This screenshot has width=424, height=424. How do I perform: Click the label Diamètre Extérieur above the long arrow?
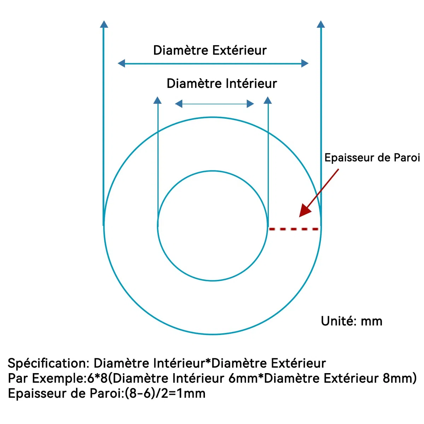pyautogui.click(x=210, y=51)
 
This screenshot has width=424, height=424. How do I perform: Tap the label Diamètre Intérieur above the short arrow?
pyautogui.click(x=222, y=84)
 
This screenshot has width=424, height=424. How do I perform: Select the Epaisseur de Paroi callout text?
pyautogui.click(x=372, y=158)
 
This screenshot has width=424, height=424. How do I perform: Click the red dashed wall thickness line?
pyautogui.click(x=294, y=229)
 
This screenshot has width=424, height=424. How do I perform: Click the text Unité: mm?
pyautogui.click(x=352, y=321)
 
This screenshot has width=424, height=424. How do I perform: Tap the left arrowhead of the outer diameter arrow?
pyautogui.click(x=122, y=63)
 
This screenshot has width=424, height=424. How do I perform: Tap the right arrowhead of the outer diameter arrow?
pyautogui.click(x=305, y=63)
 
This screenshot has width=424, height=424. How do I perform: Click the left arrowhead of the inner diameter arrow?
pyautogui.click(x=179, y=104)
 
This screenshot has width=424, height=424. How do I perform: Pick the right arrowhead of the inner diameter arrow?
pyautogui.click(x=251, y=104)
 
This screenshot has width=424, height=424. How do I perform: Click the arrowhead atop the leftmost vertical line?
pyautogui.click(x=104, y=24)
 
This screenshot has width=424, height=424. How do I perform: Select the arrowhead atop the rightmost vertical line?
pyautogui.click(x=321, y=24)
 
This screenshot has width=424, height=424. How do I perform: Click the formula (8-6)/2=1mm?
pyautogui.click(x=165, y=394)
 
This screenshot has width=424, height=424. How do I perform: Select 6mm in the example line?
pyautogui.click(x=243, y=378)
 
